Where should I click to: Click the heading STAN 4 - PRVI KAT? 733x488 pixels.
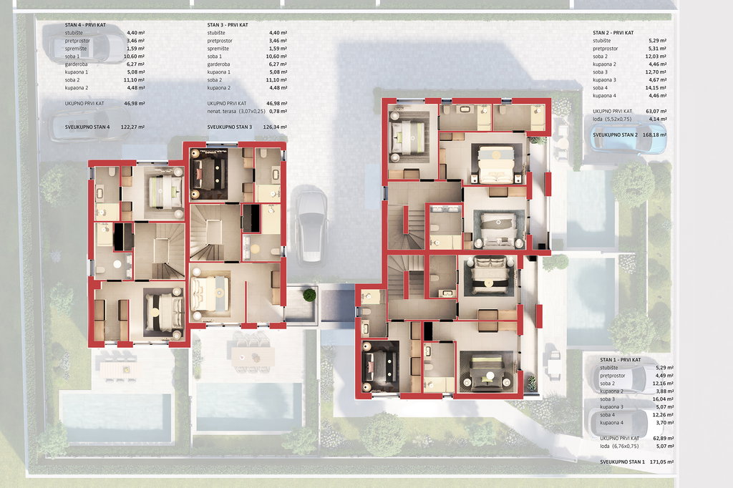[85, 25]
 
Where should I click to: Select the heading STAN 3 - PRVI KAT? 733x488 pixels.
[228, 25]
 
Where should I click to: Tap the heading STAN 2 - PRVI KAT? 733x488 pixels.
[613, 33]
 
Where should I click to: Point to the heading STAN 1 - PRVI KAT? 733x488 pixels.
[621, 360]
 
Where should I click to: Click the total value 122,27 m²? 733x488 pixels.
[132, 127]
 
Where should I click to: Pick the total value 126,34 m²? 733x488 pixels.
[275, 127]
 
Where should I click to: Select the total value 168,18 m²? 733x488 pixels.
[654, 135]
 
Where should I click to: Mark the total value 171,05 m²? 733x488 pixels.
[661, 462]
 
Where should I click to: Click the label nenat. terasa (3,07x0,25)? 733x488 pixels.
[236, 111]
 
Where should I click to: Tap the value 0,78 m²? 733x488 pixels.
[278, 111]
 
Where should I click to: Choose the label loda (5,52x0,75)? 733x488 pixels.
[612, 119]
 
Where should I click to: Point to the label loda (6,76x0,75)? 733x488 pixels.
[619, 446]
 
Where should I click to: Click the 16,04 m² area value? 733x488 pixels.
[663, 399]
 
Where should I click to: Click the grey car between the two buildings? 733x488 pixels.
[311, 226]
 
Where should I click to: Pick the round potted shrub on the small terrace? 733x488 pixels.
[309, 296]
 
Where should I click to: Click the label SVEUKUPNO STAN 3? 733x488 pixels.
[230, 127]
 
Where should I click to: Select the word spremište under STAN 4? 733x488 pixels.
[76, 49]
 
